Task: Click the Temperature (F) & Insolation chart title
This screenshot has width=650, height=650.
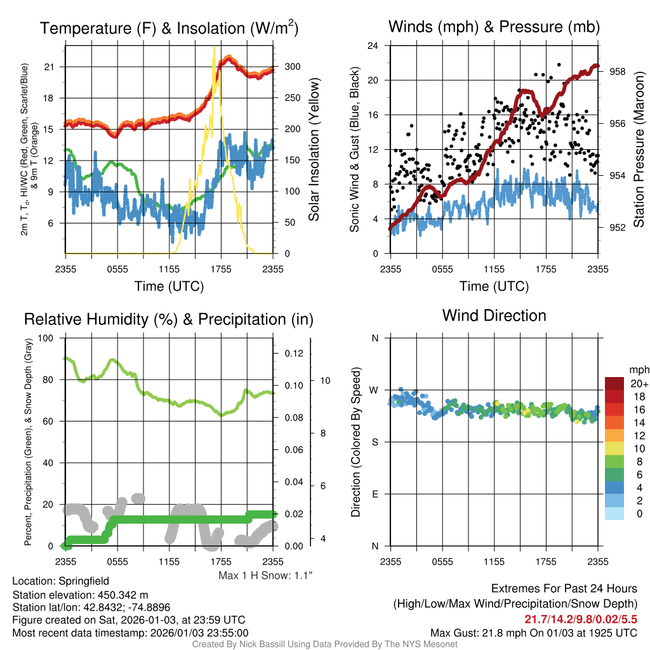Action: pyautogui.click(x=169, y=28)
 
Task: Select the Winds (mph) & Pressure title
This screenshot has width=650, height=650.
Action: pyautogui.click(x=494, y=27)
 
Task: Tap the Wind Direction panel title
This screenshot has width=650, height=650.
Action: pyautogui.click(x=494, y=315)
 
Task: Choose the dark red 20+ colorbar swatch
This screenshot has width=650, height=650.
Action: pyautogui.click(x=615, y=383)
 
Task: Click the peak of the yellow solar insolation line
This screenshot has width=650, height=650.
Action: pyautogui.click(x=214, y=46)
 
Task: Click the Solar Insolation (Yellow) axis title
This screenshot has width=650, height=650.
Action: pyautogui.click(x=314, y=150)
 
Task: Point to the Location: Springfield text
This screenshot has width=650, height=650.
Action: pyautogui.click(x=60, y=581)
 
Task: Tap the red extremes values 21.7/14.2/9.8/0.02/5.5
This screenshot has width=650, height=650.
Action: pyautogui.click(x=580, y=619)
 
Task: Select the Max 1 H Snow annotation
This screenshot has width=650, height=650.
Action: pyautogui.click(x=265, y=575)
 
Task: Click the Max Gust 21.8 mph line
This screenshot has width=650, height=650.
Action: pyautogui.click(x=533, y=632)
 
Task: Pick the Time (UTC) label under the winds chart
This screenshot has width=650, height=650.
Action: pyautogui.click(x=494, y=286)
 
